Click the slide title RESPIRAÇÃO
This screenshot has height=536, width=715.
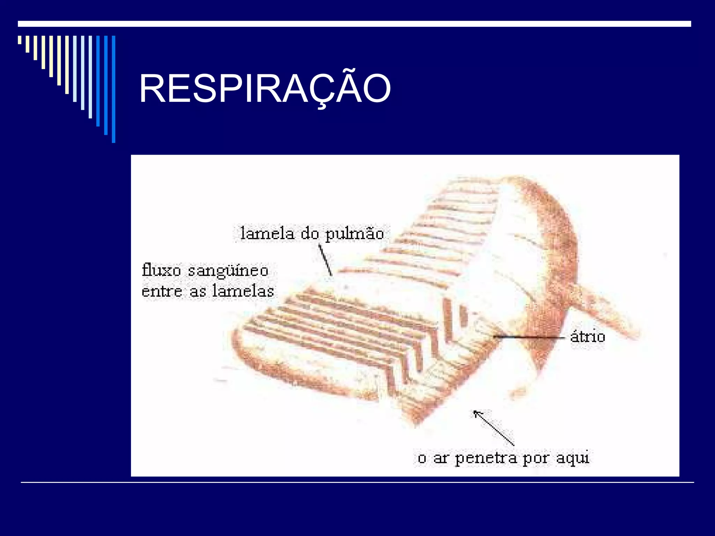(x=265, y=89)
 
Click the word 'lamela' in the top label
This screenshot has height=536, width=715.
(x=267, y=233)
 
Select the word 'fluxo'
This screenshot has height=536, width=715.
(x=161, y=270)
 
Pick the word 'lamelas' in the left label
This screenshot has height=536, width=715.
(x=243, y=291)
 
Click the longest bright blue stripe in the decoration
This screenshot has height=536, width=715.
(x=113, y=89)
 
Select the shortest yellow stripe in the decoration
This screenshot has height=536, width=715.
(x=20, y=40)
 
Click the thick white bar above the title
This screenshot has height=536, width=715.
(x=354, y=24)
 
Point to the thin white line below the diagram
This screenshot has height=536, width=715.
(x=357, y=483)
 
